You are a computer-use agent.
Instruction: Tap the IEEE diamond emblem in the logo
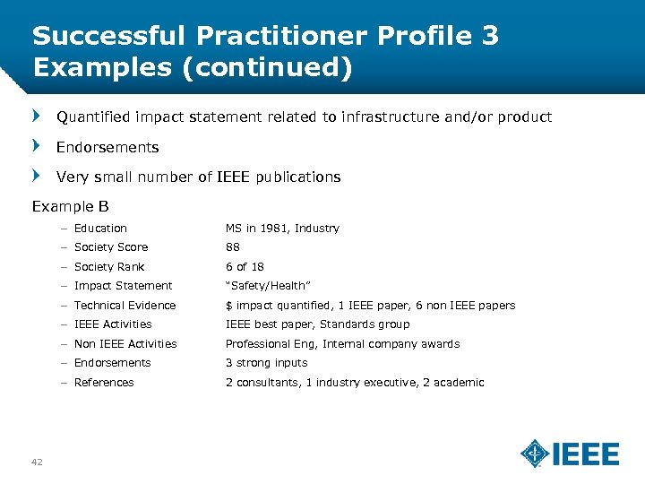[x=535, y=454]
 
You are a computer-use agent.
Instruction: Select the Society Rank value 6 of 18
[x=244, y=267]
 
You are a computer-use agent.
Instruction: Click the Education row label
[x=100, y=229]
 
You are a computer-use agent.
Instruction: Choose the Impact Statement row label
[x=123, y=286]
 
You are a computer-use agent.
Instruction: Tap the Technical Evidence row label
[x=125, y=306]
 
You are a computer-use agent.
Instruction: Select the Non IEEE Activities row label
[x=125, y=344]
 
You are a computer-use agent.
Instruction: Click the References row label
[x=104, y=383]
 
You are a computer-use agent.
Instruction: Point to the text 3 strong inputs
[x=266, y=363]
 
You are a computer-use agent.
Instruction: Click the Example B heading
[x=70, y=207]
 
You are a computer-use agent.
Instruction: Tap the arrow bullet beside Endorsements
[x=37, y=146]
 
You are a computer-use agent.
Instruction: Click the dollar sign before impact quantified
[x=228, y=306]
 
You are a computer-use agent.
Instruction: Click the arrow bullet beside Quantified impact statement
[x=37, y=117]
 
